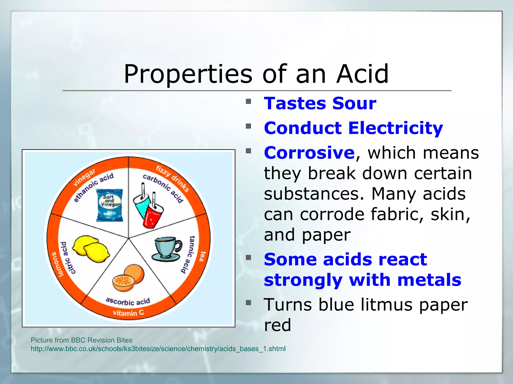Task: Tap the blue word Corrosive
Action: [309, 152]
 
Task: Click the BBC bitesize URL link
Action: [158, 349]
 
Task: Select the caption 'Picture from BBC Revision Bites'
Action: [81, 340]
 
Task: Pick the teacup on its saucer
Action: [167, 249]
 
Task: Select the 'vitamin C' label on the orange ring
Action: [128, 313]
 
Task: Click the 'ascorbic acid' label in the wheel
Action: [128, 301]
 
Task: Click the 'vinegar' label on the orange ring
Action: [84, 177]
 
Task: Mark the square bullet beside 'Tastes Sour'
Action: [248, 101]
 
